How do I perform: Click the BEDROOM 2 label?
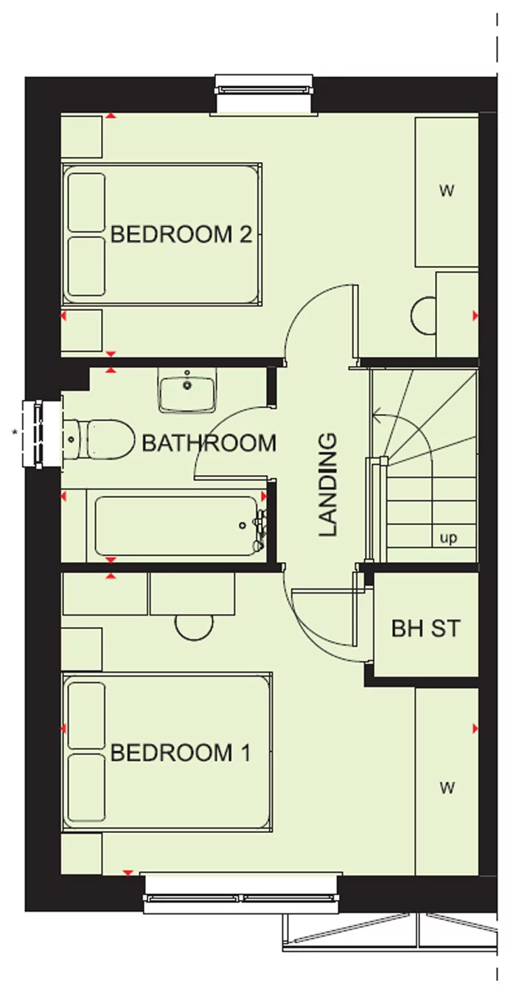coord(181,235)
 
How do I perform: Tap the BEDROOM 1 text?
coord(181,753)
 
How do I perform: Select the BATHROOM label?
coord(209,443)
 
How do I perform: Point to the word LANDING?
coord(327,484)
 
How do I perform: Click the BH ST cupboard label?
coord(425,628)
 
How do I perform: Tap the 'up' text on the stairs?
coord(448,538)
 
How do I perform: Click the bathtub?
coord(174,526)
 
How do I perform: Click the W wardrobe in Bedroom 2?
coord(446,191)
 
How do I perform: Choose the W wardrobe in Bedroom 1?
coord(447,788)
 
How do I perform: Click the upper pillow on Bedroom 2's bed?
coord(86,202)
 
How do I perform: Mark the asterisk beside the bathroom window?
coord(13,432)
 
